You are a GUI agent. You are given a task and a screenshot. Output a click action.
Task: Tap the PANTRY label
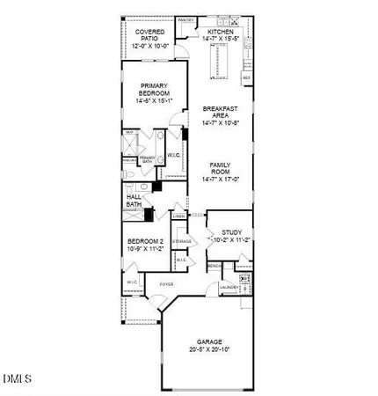pyautogui.click(x=185, y=18)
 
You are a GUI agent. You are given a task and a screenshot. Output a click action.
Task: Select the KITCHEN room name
pyautogui.click(x=220, y=30)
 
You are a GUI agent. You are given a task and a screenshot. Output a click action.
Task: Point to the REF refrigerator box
pyautogui.click(x=247, y=78)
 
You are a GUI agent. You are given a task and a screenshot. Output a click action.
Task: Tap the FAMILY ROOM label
pyautogui.click(x=221, y=169)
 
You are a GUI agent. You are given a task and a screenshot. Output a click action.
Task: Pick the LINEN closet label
pyautogui.click(x=178, y=216)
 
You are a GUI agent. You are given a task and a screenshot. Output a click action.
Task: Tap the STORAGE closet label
pyautogui.click(x=182, y=240)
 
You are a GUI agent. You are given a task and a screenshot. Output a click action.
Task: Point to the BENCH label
pyautogui.click(x=214, y=266)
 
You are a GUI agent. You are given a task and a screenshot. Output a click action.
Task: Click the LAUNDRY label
pyautogui.click(x=230, y=287)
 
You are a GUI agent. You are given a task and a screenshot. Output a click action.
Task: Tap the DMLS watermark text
pyautogui.click(x=17, y=379)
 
